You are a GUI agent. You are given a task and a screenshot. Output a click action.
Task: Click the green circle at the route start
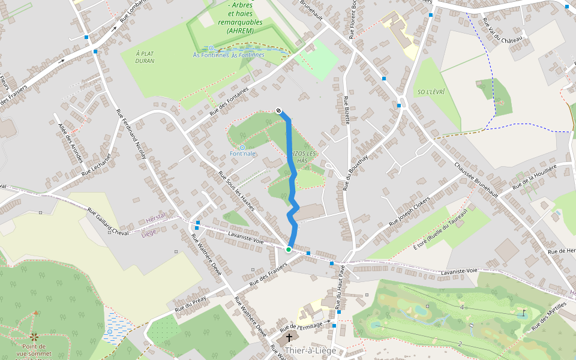289,250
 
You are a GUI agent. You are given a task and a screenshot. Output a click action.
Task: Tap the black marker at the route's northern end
279,110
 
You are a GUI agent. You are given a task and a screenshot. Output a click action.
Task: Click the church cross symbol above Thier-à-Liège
289,338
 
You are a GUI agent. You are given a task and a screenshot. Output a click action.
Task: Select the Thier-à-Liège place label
310,350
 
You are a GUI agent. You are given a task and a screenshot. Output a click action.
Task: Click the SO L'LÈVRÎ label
430,92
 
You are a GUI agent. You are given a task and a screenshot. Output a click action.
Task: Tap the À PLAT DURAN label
145,57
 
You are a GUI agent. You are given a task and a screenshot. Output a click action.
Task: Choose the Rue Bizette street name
346,110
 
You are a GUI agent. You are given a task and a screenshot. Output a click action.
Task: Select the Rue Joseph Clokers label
409,212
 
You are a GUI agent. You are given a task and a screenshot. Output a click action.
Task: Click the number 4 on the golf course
462,307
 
